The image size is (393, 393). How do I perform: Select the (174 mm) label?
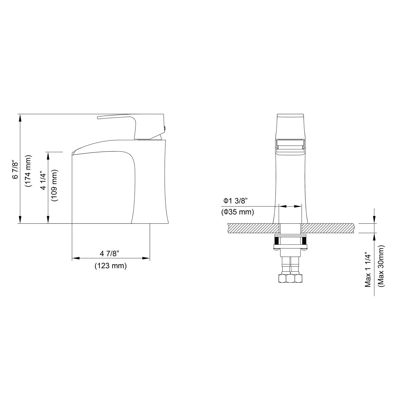[29, 171]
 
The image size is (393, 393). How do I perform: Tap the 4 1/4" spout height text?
[43, 181]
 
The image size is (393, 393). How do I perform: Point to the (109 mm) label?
[55, 185]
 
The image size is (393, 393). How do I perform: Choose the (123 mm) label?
[111, 266]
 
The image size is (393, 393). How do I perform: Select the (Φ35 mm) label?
[237, 212]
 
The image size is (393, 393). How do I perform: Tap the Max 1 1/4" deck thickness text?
[368, 270]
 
